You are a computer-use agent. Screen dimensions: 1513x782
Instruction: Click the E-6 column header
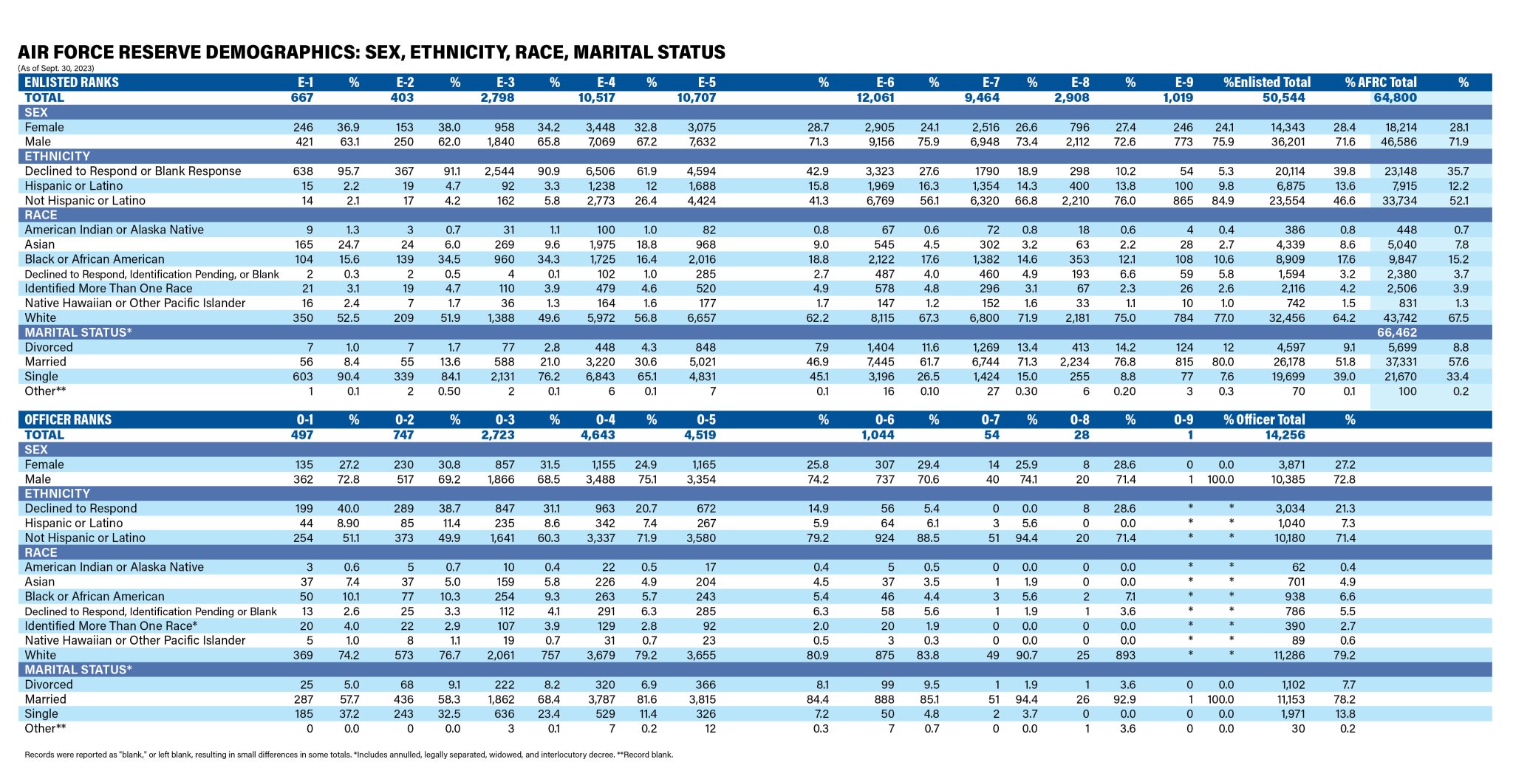885,83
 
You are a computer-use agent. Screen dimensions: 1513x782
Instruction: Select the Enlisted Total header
1272,83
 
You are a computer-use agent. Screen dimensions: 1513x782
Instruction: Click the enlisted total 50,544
1284,97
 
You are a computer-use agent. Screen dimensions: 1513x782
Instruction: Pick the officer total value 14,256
1285,435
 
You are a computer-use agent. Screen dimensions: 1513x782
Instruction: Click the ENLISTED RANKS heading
72,83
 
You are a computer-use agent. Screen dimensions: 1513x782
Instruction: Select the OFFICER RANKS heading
68,420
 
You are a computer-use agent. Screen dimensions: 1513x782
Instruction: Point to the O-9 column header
1184,420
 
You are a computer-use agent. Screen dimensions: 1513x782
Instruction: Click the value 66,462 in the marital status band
1397,333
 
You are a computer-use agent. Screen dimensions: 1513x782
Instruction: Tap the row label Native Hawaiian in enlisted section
135,303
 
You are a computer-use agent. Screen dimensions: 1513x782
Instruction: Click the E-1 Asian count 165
304,244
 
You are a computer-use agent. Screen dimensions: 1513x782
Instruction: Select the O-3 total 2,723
498,435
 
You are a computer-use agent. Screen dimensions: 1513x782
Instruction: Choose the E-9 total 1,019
1178,97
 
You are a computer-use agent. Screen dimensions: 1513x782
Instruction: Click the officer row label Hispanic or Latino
74,524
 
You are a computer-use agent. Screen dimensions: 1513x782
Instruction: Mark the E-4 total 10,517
596,97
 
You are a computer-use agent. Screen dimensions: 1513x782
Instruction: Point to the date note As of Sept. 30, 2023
56,68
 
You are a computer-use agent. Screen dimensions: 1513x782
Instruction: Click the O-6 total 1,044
878,435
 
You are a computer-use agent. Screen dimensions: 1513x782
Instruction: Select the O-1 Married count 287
304,699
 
